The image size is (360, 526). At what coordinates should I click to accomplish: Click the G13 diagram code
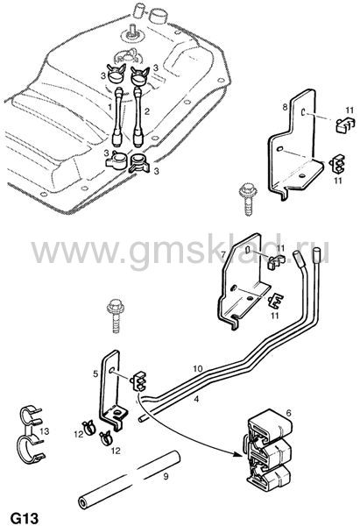[25, 517]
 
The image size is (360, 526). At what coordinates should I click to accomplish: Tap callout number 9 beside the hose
[166, 476]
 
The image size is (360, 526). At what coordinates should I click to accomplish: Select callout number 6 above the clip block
[288, 414]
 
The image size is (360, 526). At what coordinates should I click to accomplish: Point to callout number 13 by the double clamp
[45, 430]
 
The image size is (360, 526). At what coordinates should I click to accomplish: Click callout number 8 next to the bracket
[285, 107]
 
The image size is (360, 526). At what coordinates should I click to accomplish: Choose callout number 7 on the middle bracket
[223, 254]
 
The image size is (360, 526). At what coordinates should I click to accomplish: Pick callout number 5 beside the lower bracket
[95, 373]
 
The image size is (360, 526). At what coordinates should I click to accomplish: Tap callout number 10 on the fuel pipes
[198, 369]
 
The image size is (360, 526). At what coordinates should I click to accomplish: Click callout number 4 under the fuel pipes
[196, 399]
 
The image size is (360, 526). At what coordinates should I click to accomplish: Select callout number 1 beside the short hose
[109, 107]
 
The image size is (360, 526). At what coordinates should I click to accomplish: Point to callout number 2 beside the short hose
[147, 111]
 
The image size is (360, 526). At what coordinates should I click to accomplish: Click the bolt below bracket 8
[248, 199]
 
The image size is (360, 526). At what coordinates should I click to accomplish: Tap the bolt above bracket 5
[116, 316]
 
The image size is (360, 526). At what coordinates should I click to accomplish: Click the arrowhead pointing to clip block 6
[237, 454]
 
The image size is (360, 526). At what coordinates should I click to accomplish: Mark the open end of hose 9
[82, 503]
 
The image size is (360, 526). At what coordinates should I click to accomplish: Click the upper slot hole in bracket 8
[303, 113]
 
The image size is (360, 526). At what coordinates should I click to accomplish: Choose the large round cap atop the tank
[159, 16]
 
